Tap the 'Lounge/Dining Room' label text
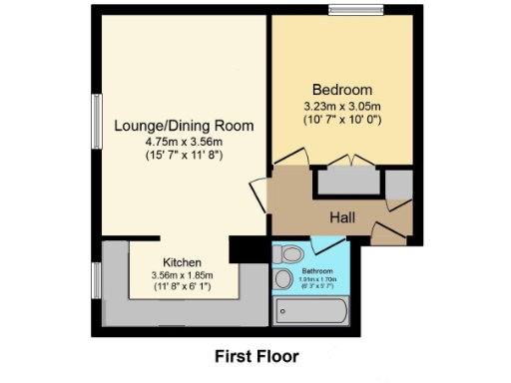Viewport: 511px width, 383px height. point(183,126)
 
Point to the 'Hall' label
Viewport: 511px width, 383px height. point(343,216)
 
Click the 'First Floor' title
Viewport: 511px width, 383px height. point(256,355)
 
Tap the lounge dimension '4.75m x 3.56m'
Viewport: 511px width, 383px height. point(183,143)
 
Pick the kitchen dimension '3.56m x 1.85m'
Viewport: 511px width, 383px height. point(183,275)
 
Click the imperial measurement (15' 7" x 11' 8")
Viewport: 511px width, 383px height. point(183,157)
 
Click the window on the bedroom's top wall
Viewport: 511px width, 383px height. point(357,11)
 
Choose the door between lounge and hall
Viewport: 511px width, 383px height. point(260,192)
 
